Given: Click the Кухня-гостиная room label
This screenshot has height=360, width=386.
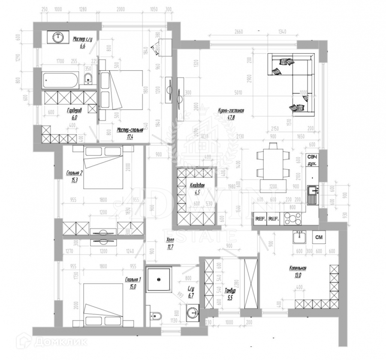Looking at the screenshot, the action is coord(231,111).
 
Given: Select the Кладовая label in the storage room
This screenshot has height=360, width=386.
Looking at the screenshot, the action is coord(197,186).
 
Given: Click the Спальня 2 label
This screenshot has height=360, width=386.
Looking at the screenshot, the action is coord(74,173).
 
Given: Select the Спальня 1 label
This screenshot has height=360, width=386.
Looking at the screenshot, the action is coord(133,280).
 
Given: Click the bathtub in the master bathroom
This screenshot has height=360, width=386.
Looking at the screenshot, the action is coord(60,80).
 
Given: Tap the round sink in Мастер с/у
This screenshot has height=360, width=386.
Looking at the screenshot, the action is coord(58,38).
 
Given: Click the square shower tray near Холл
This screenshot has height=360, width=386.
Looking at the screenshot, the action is coord(160,280).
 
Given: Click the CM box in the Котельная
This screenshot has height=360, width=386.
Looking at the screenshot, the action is coord(319,237).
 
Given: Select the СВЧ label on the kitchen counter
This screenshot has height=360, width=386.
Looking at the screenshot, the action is coord(312,158).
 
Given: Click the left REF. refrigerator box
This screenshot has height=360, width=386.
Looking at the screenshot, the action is coord(260,219).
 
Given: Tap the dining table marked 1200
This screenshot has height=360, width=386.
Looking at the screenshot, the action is coord(270,165).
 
